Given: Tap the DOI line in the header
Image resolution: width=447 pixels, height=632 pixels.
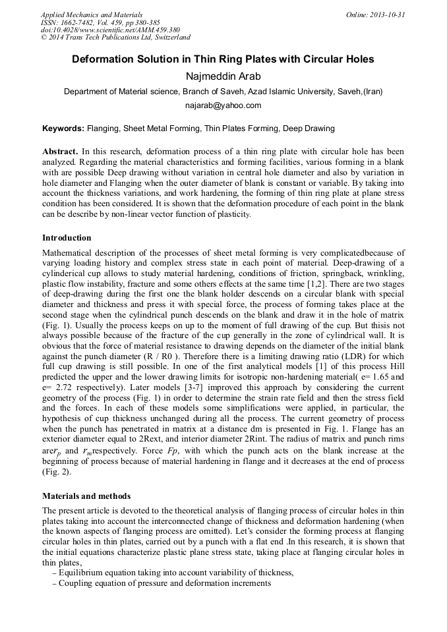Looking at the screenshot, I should coord(110,30).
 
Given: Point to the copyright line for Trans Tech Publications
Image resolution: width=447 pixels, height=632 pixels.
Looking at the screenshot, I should coord(115,38).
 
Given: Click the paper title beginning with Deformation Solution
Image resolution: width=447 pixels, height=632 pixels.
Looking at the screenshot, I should coord(223,59).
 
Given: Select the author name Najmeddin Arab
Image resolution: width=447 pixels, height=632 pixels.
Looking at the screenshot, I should coord(223,76).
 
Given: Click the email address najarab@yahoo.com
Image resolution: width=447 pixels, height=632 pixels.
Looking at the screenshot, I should coord(223,105).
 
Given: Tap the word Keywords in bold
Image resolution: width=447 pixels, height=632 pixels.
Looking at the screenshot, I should coord(63,129).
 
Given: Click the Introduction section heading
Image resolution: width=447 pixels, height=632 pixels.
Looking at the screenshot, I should coord(67,238).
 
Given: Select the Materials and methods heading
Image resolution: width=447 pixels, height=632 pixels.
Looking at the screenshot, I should coord(86,496).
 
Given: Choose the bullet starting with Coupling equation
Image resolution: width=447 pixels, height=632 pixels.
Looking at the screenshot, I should coord(165,584).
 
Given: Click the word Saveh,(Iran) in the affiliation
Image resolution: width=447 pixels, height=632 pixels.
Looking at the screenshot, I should coord(361,92).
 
